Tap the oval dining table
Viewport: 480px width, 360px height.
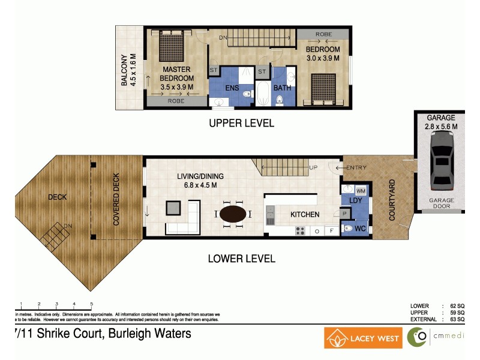click(x=232, y=214)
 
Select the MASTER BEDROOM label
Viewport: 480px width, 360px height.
click(x=176, y=74)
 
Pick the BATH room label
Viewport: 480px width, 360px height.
click(x=282, y=88)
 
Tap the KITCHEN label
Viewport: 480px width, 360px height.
click(x=305, y=214)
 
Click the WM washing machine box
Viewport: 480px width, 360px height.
click(x=361, y=190)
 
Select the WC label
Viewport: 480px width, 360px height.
click(x=360, y=229)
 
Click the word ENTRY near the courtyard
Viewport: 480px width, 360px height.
click(x=356, y=167)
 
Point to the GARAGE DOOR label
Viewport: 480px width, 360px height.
click(x=441, y=204)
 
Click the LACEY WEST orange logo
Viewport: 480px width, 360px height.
click(x=363, y=338)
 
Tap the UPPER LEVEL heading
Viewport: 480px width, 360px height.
click(x=241, y=123)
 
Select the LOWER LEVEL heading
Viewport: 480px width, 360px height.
click(x=241, y=259)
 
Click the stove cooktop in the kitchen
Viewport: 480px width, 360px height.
click(x=299, y=230)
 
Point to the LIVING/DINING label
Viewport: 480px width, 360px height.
click(x=200, y=176)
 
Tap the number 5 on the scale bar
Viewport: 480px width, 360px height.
click(x=91, y=304)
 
